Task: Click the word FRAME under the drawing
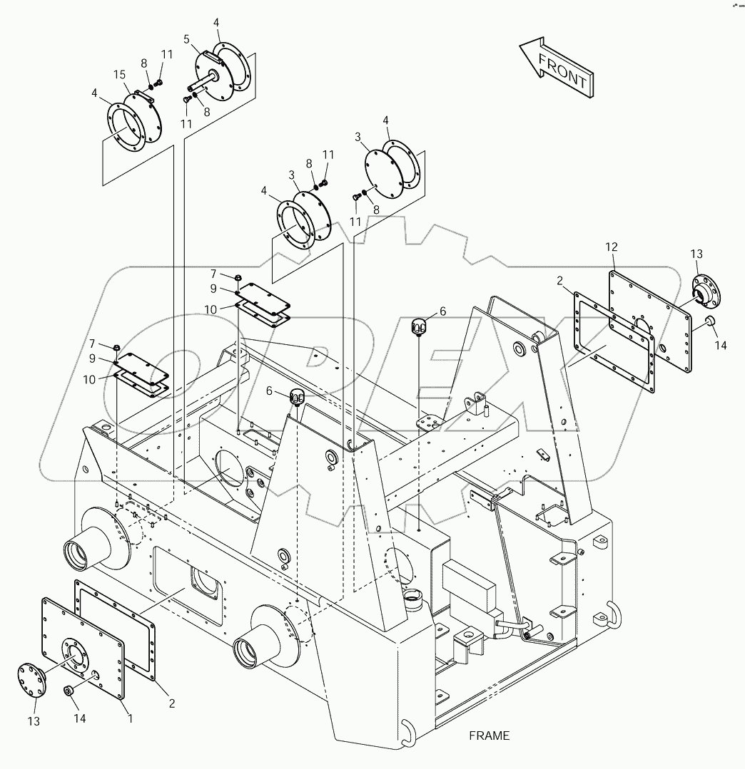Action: click(490, 736)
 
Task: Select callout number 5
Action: click(186, 39)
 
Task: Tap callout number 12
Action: click(611, 247)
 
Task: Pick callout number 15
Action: click(119, 75)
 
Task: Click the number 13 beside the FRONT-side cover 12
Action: click(696, 254)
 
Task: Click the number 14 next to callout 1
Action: click(79, 718)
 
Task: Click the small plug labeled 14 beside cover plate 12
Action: click(711, 321)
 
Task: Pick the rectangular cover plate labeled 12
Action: click(649, 319)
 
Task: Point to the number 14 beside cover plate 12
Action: click(721, 346)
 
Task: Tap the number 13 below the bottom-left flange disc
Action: click(34, 722)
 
